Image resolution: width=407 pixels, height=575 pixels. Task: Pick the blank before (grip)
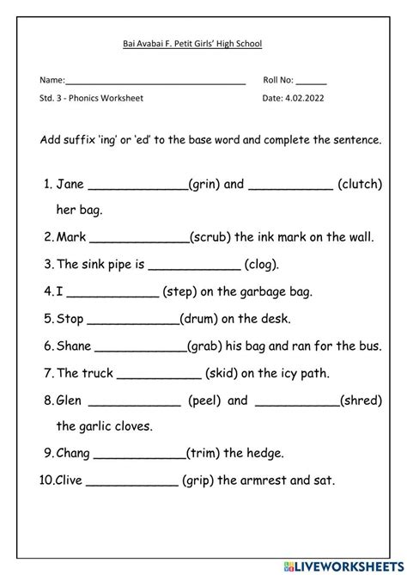pos(132,482)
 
